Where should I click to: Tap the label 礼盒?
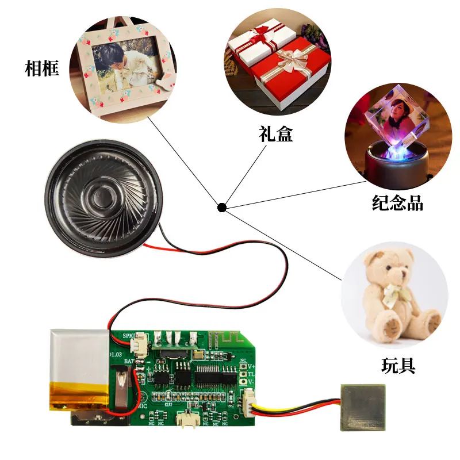tap(275, 135)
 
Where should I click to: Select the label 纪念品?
tap(397, 202)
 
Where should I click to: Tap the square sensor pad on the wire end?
tap(361, 408)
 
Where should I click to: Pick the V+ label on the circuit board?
tap(251, 366)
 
